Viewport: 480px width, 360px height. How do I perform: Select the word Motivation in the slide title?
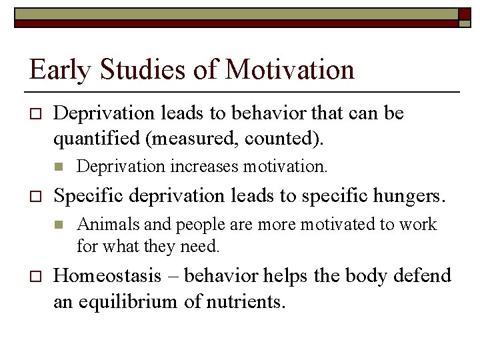point(290,69)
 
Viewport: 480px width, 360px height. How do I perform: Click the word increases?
point(205,166)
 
